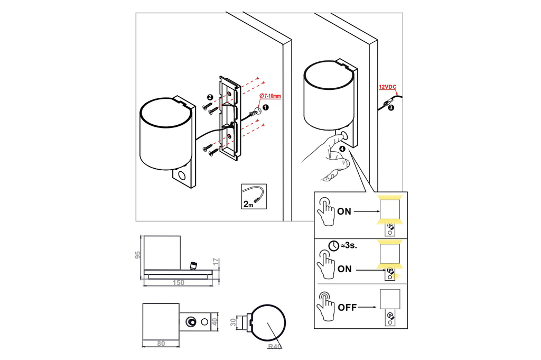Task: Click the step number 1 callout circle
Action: [x=266, y=107]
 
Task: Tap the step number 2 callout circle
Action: [x=210, y=97]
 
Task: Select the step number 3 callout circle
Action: [x=391, y=107]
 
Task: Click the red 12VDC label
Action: [x=387, y=86]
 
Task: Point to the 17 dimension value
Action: [x=216, y=262]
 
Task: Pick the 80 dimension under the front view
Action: [x=161, y=343]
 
